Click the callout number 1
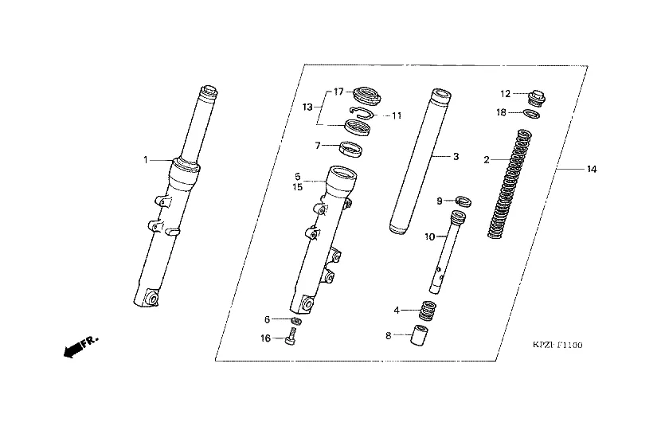coord(146,160)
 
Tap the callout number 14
coord(592,169)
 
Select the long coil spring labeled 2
coord(510,184)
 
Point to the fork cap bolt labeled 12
coord(536,99)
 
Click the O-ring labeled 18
coord(531,113)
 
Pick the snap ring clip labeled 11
coord(362,113)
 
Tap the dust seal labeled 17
coord(366,95)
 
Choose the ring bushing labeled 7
coord(350,149)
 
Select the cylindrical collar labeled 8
coord(417,335)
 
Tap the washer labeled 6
coord(296,321)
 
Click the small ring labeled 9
coord(463,201)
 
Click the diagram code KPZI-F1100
coord(557,345)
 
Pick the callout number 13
coord(307,107)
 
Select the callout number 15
coord(298,186)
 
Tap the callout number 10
coord(429,236)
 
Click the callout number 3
coord(456,156)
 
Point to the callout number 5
coord(298,177)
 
